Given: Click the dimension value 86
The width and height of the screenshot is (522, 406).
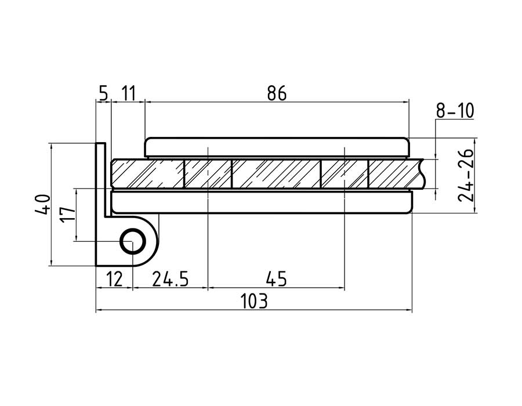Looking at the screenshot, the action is click(x=277, y=93).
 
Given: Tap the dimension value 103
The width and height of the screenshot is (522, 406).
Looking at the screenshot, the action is click(x=253, y=301).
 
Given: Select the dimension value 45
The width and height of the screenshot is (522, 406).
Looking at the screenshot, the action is click(x=276, y=279).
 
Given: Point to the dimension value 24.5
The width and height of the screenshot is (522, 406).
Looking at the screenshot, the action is click(x=170, y=279).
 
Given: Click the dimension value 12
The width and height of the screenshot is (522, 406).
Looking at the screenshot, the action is click(x=114, y=279).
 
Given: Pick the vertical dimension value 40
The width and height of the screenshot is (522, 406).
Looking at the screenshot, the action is click(x=42, y=204).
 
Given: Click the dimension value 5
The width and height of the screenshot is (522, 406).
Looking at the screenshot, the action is click(x=104, y=93).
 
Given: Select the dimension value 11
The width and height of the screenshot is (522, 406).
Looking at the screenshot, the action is click(x=129, y=93).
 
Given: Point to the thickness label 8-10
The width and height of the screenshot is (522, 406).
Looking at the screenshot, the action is click(x=455, y=111).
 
